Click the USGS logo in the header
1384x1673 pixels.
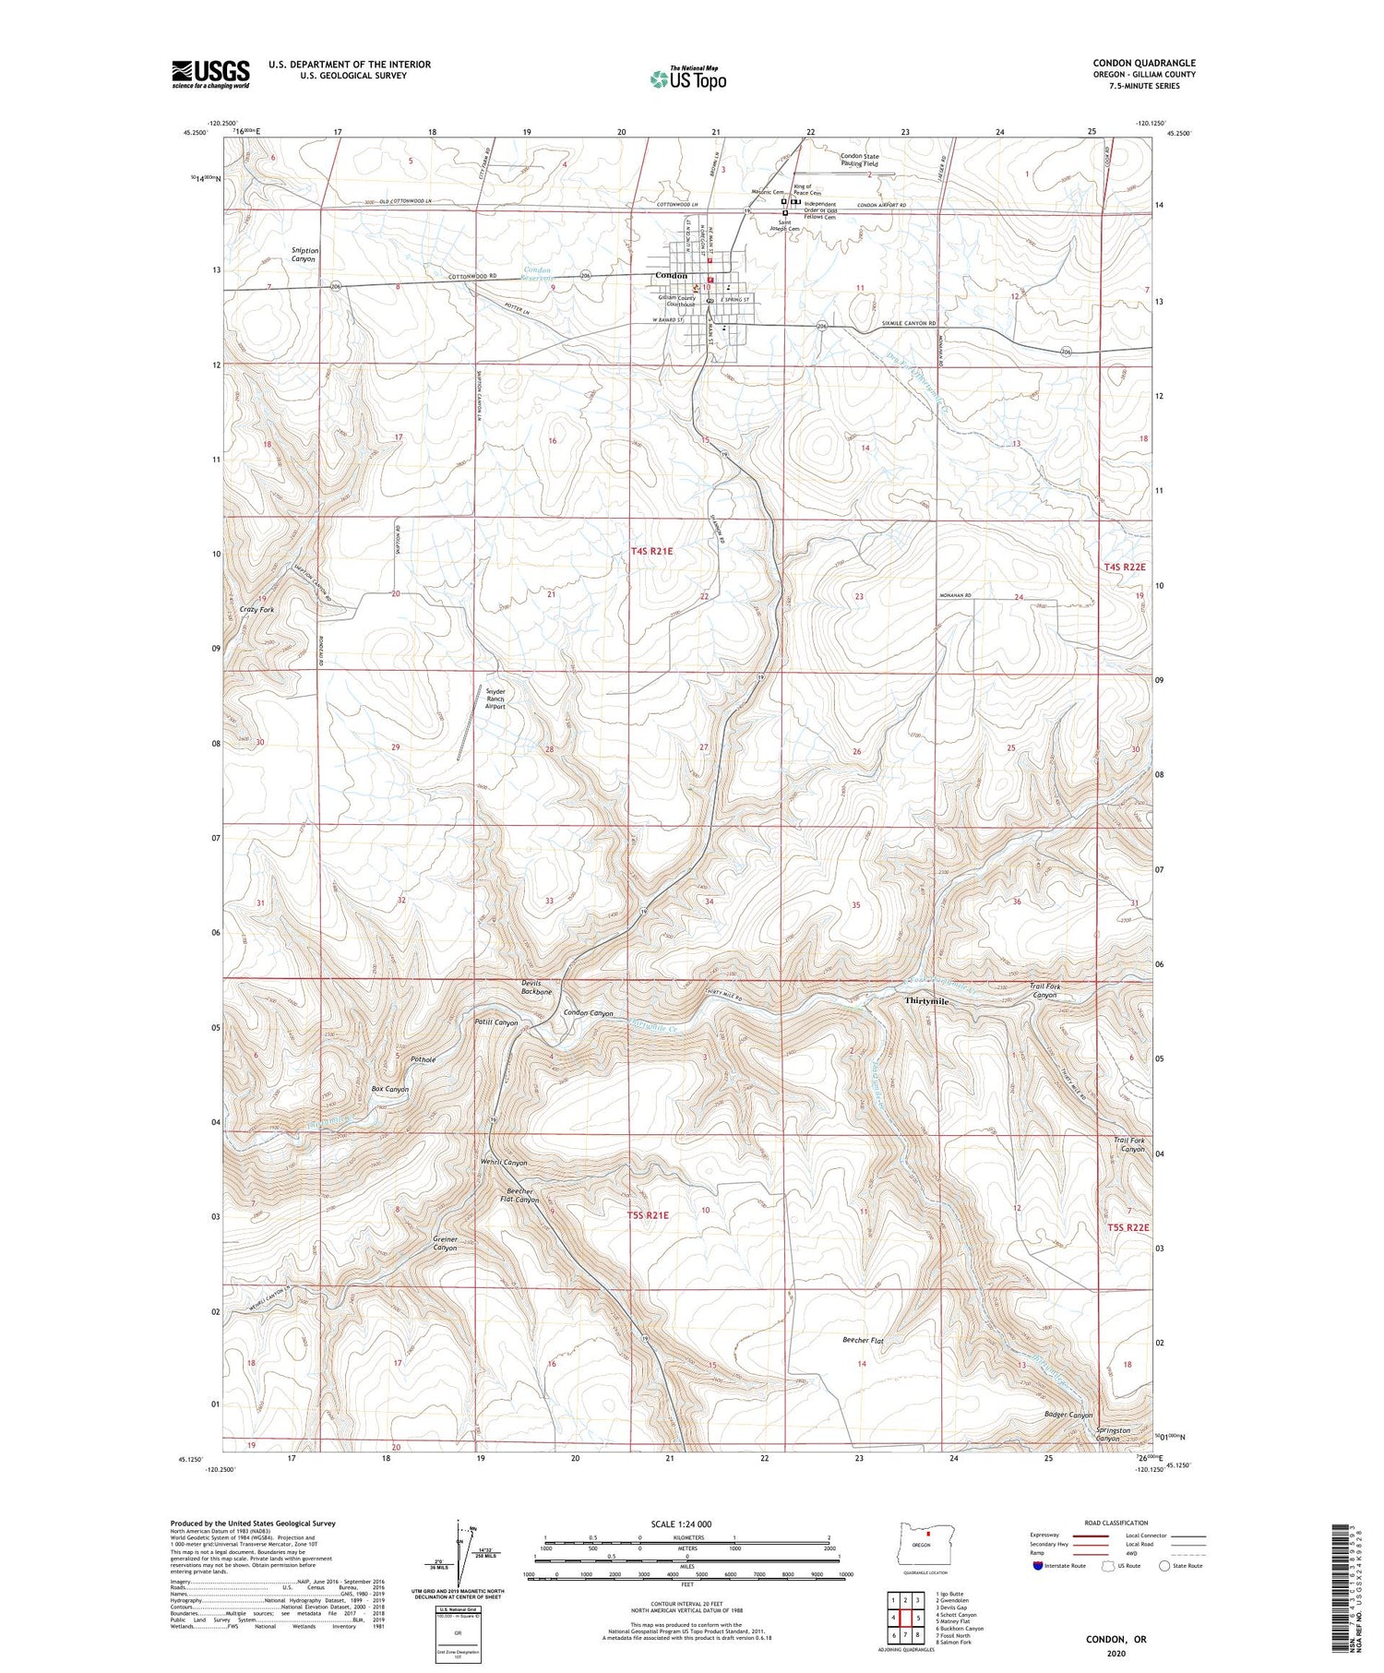[210, 74]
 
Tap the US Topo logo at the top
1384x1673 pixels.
[687, 78]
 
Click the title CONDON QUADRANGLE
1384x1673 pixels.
[1143, 63]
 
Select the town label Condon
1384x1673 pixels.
[671, 276]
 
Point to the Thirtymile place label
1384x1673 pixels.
[926, 1001]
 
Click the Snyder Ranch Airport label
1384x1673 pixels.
[495, 698]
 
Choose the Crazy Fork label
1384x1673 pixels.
[257, 610]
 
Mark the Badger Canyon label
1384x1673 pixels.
[1068, 1415]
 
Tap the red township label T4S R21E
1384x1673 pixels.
[651, 551]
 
